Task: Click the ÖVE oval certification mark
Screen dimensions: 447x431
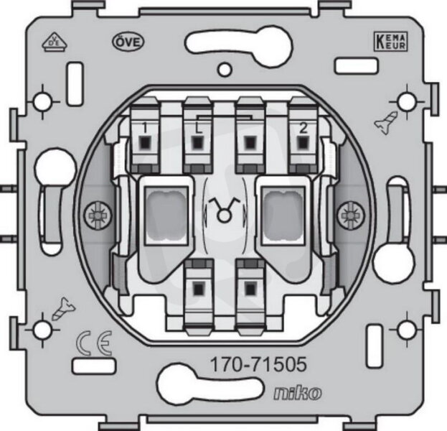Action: pyautogui.click(x=128, y=42)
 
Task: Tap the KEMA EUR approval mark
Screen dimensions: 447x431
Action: pyautogui.click(x=390, y=42)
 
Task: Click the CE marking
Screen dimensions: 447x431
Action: pyautogui.click(x=95, y=343)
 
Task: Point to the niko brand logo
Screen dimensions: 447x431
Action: pyautogui.click(x=298, y=393)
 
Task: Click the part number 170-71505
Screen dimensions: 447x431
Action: pyautogui.click(x=258, y=364)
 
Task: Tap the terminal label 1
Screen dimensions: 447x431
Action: pyautogui.click(x=145, y=128)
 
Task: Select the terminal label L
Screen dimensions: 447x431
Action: pyautogui.click(x=198, y=128)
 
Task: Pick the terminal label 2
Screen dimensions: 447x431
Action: pyautogui.click(x=303, y=128)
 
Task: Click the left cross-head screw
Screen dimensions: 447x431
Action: pyautogui.click(x=98, y=215)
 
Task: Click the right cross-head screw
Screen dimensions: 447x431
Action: pyautogui.click(x=351, y=215)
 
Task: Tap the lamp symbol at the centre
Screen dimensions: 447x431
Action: pyautogui.click(x=224, y=210)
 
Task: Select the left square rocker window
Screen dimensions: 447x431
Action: pyautogui.click(x=166, y=215)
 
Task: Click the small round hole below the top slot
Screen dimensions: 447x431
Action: pyautogui.click(x=225, y=70)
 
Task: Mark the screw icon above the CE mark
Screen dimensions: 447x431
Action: pyautogui.click(x=64, y=309)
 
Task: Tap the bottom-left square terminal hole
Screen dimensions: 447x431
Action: pyautogui.click(x=198, y=289)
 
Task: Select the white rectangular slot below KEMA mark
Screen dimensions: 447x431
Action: pyautogui.click(x=356, y=66)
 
